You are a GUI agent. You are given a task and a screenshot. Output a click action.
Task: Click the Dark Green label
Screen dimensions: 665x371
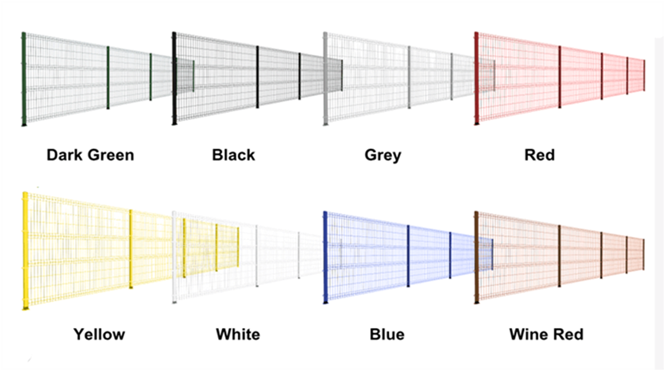pyautogui.click(x=90, y=155)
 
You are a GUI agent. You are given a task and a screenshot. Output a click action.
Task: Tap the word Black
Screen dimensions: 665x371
pyautogui.click(x=234, y=155)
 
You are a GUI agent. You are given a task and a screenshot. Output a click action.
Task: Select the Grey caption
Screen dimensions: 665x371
pyautogui.click(x=383, y=155)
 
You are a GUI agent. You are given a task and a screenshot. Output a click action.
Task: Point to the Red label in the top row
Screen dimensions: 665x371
pyautogui.click(x=540, y=155)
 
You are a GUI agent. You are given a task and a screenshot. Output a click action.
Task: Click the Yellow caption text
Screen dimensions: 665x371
pyautogui.click(x=99, y=334)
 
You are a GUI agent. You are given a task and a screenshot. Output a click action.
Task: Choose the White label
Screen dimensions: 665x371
pyautogui.click(x=238, y=334)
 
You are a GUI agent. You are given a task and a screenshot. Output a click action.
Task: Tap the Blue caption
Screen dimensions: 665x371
pyautogui.click(x=387, y=334)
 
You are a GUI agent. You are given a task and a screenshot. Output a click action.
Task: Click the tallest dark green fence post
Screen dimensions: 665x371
pyautogui.click(x=24, y=79)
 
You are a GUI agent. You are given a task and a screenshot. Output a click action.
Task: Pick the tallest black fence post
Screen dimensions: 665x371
pyautogui.click(x=175, y=79)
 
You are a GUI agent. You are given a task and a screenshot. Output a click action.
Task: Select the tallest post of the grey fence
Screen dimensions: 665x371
pyautogui.click(x=325, y=79)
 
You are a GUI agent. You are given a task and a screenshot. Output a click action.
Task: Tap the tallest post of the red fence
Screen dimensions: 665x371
pyautogui.click(x=476, y=79)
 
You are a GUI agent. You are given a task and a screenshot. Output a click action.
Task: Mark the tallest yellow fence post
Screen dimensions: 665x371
pyautogui.click(x=26, y=251)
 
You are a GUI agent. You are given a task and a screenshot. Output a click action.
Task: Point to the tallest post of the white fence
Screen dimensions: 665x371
pyautogui.click(x=175, y=258)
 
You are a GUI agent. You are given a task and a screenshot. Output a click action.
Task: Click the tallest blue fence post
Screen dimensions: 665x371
pyautogui.click(x=325, y=258)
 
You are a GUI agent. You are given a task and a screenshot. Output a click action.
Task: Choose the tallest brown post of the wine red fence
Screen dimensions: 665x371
pyautogui.click(x=476, y=258)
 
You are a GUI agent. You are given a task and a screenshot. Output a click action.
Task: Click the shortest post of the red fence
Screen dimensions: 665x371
pyautogui.click(x=644, y=75)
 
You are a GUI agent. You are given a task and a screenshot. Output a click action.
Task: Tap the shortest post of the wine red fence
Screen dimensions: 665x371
pyautogui.click(x=644, y=254)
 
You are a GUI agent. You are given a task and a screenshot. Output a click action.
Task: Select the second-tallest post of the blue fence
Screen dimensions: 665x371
pyautogui.click(x=408, y=256)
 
